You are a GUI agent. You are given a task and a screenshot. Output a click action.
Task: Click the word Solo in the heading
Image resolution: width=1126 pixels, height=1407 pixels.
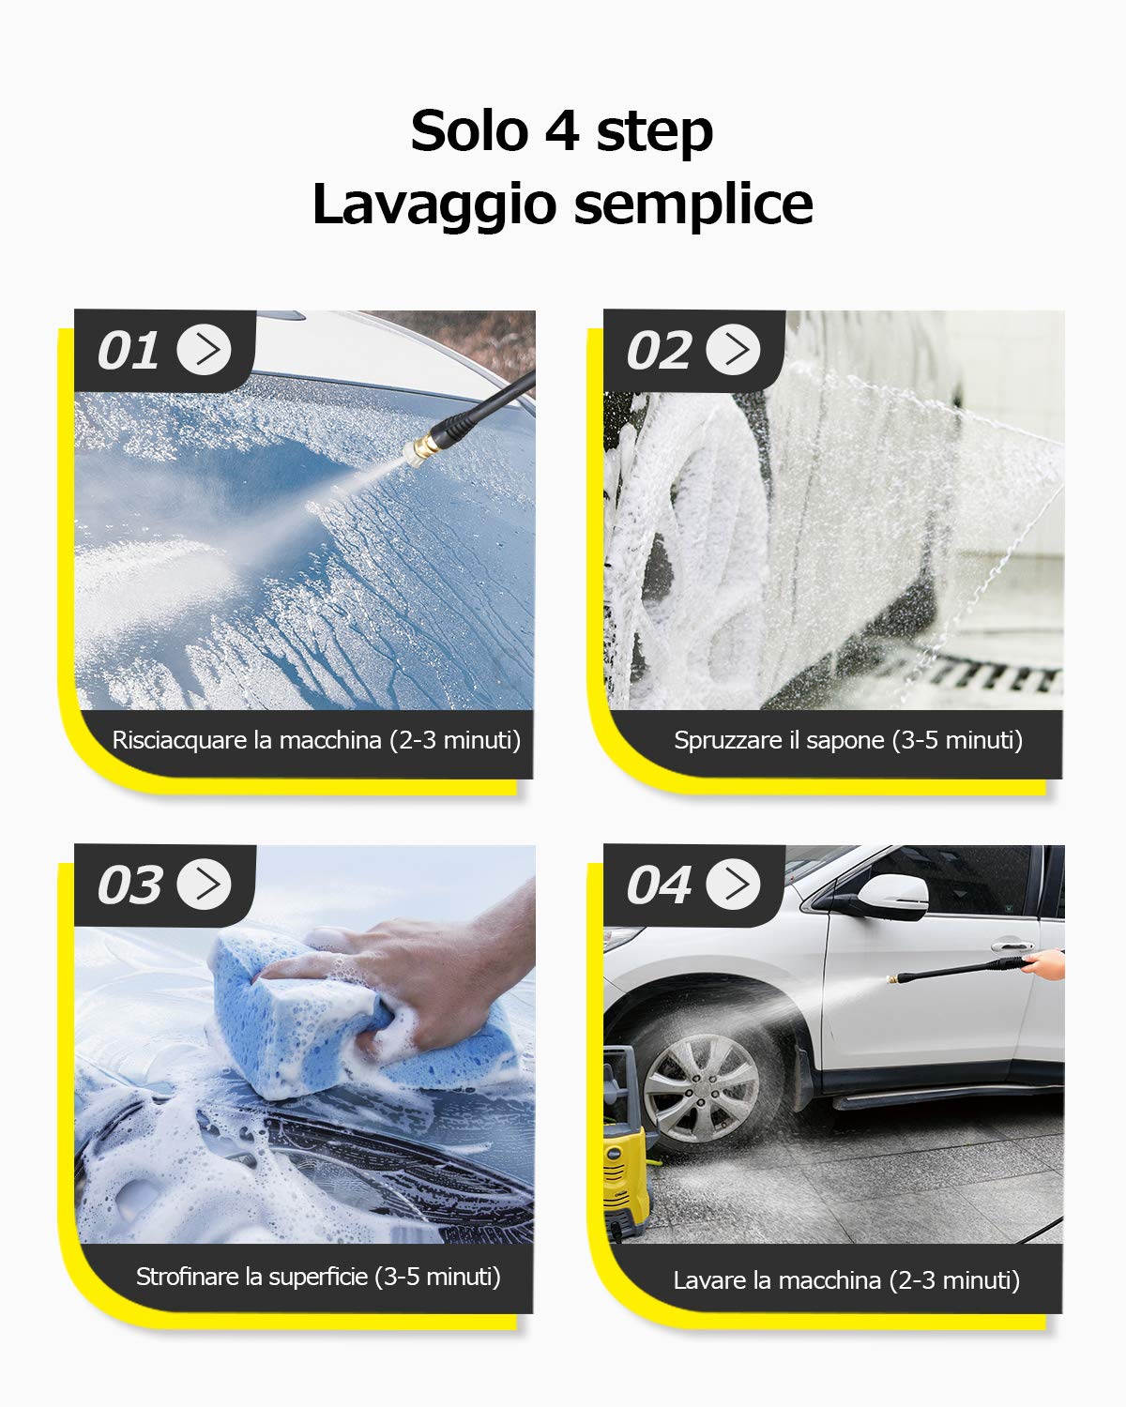click(x=469, y=130)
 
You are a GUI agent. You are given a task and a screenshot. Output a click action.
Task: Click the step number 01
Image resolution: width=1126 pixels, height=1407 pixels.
click(x=128, y=351)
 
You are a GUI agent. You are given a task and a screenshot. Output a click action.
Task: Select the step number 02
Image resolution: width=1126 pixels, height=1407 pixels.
click(x=658, y=351)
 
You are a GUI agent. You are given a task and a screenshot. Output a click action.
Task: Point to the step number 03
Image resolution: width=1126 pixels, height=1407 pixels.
click(x=129, y=885)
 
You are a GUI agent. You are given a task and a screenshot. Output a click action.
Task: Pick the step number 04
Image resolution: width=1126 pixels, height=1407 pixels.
click(x=658, y=885)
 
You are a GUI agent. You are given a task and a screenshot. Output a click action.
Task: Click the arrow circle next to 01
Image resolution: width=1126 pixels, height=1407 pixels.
click(x=205, y=350)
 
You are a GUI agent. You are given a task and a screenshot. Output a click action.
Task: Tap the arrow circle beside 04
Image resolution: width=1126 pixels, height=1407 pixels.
click(x=734, y=884)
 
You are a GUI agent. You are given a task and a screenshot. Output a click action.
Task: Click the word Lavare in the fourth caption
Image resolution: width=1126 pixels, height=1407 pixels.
click(x=710, y=1280)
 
